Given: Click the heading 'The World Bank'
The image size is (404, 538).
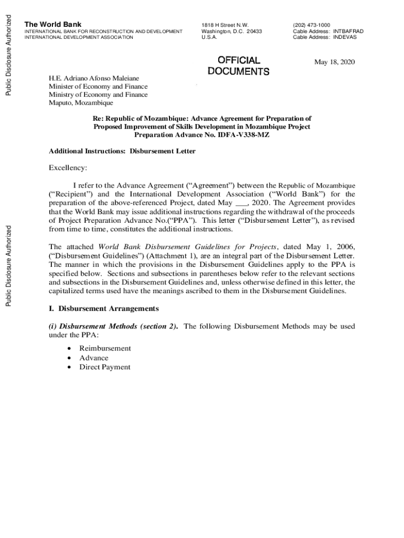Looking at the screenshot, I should click(x=53, y=24).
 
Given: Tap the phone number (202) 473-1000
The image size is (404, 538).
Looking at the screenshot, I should click(x=311, y=25).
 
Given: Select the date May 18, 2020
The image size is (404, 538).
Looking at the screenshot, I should click(x=334, y=63).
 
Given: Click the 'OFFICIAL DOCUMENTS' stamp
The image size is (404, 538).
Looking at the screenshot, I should click(x=238, y=66).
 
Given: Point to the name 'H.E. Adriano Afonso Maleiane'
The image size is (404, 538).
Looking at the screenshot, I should click(x=93, y=78).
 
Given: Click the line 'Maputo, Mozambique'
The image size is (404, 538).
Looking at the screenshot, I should click(x=81, y=103).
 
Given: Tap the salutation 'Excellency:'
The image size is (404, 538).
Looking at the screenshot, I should click(x=68, y=168).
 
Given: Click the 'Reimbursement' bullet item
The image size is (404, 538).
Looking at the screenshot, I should click(x=105, y=348).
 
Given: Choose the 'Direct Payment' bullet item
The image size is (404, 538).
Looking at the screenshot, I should click(x=105, y=367).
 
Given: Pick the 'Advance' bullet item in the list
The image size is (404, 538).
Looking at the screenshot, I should click(x=94, y=358).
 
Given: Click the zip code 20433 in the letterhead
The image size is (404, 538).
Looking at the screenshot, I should click(x=254, y=31).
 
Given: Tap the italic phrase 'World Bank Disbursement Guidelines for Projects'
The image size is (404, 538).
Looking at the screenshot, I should click(x=187, y=246).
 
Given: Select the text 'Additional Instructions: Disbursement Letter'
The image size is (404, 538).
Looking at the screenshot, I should click(x=122, y=151).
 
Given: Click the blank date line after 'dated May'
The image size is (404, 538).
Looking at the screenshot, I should click(x=240, y=203).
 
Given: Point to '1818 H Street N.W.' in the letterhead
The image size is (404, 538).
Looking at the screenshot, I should click(x=225, y=25).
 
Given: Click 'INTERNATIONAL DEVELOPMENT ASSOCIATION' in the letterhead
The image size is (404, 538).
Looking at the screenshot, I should click(x=79, y=37).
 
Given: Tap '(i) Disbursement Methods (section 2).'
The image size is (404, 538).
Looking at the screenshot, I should click(x=113, y=326).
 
